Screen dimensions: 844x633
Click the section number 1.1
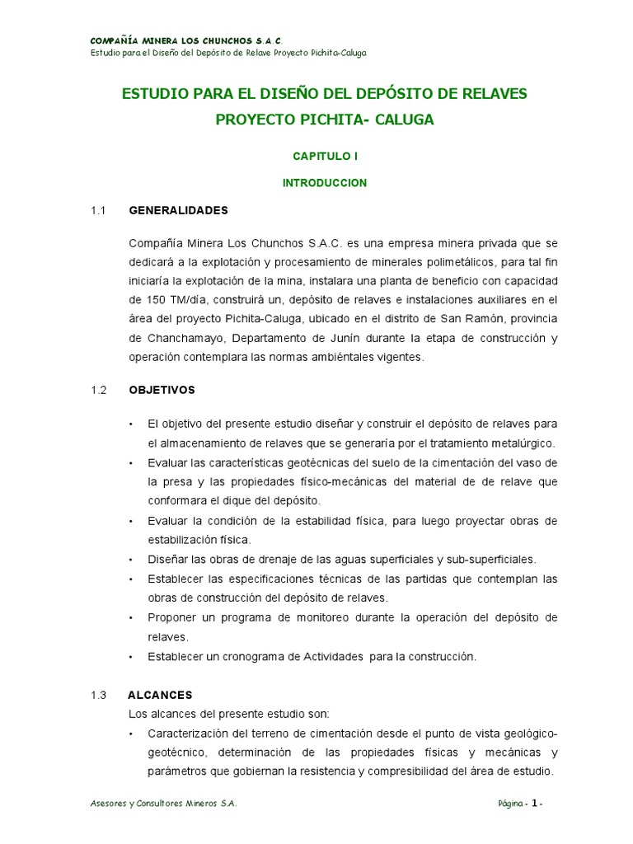tap(100, 210)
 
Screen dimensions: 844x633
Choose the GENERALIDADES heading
tap(178, 210)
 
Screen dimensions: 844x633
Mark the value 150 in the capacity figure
tap(140, 299)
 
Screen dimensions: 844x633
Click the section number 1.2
tap(100, 389)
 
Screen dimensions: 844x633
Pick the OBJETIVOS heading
tap(162, 389)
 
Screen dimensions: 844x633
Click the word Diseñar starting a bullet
tap(168, 559)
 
